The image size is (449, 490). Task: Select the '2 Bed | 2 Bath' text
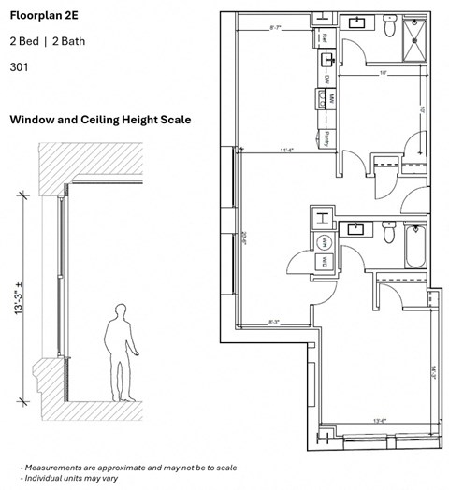click(x=43, y=42)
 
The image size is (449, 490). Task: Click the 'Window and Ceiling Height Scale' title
click(x=100, y=120)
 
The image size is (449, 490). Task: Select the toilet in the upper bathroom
click(x=389, y=28)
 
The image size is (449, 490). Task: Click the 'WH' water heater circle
click(x=324, y=241)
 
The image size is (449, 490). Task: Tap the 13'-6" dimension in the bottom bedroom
click(x=378, y=421)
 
